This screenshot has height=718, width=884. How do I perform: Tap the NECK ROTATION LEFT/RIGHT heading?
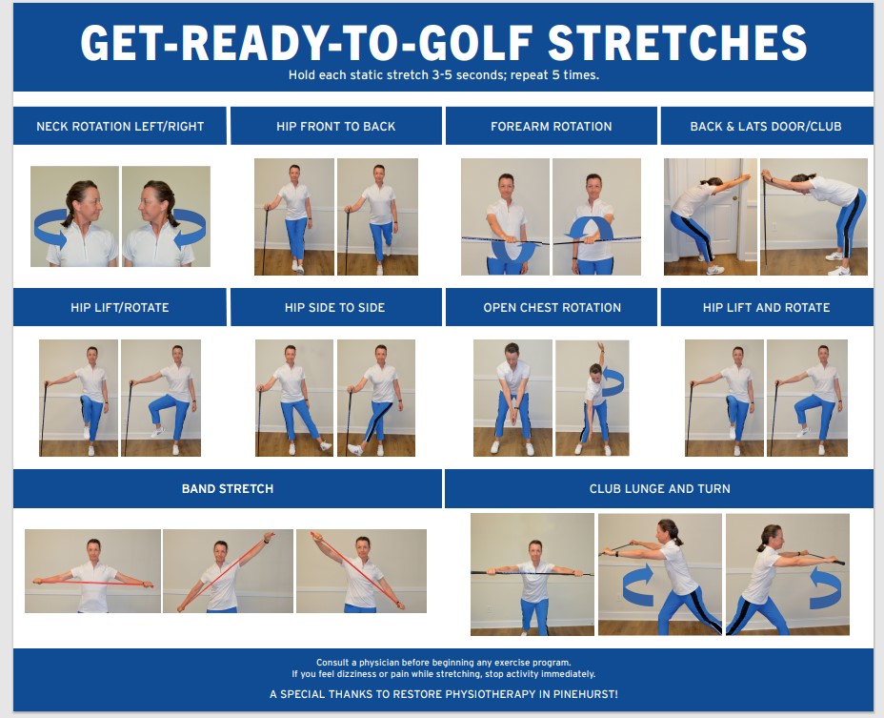pos(119,126)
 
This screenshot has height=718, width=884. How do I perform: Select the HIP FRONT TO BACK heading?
pos(335,126)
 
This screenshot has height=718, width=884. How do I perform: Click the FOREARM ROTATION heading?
pos(551,126)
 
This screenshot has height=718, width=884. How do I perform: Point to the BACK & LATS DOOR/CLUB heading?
pos(766,126)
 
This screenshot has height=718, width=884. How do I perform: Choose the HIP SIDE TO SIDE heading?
pos(335,307)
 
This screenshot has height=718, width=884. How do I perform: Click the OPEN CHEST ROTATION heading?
pos(551,307)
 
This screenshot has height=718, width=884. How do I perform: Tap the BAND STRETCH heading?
pos(228,488)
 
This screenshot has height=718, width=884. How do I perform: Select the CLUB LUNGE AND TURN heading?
pos(659,488)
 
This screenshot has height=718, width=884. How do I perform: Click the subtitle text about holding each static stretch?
pos(443,74)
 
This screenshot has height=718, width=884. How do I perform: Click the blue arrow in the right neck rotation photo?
pos(188,230)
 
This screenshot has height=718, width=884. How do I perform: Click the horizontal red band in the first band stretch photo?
pos(92,580)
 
